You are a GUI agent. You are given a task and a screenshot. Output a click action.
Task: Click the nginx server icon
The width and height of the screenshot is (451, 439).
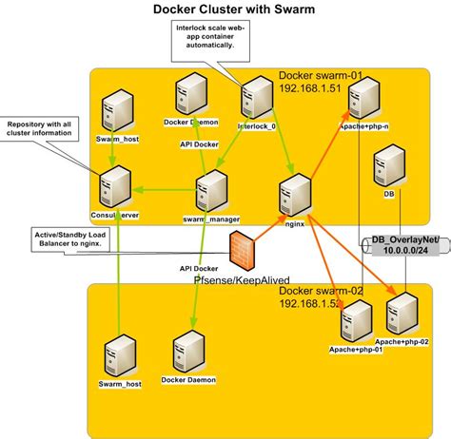[291, 192]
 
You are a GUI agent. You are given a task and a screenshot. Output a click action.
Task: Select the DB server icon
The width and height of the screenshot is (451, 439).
[387, 167]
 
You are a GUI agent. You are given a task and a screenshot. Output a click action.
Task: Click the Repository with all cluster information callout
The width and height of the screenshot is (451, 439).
[39, 129]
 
